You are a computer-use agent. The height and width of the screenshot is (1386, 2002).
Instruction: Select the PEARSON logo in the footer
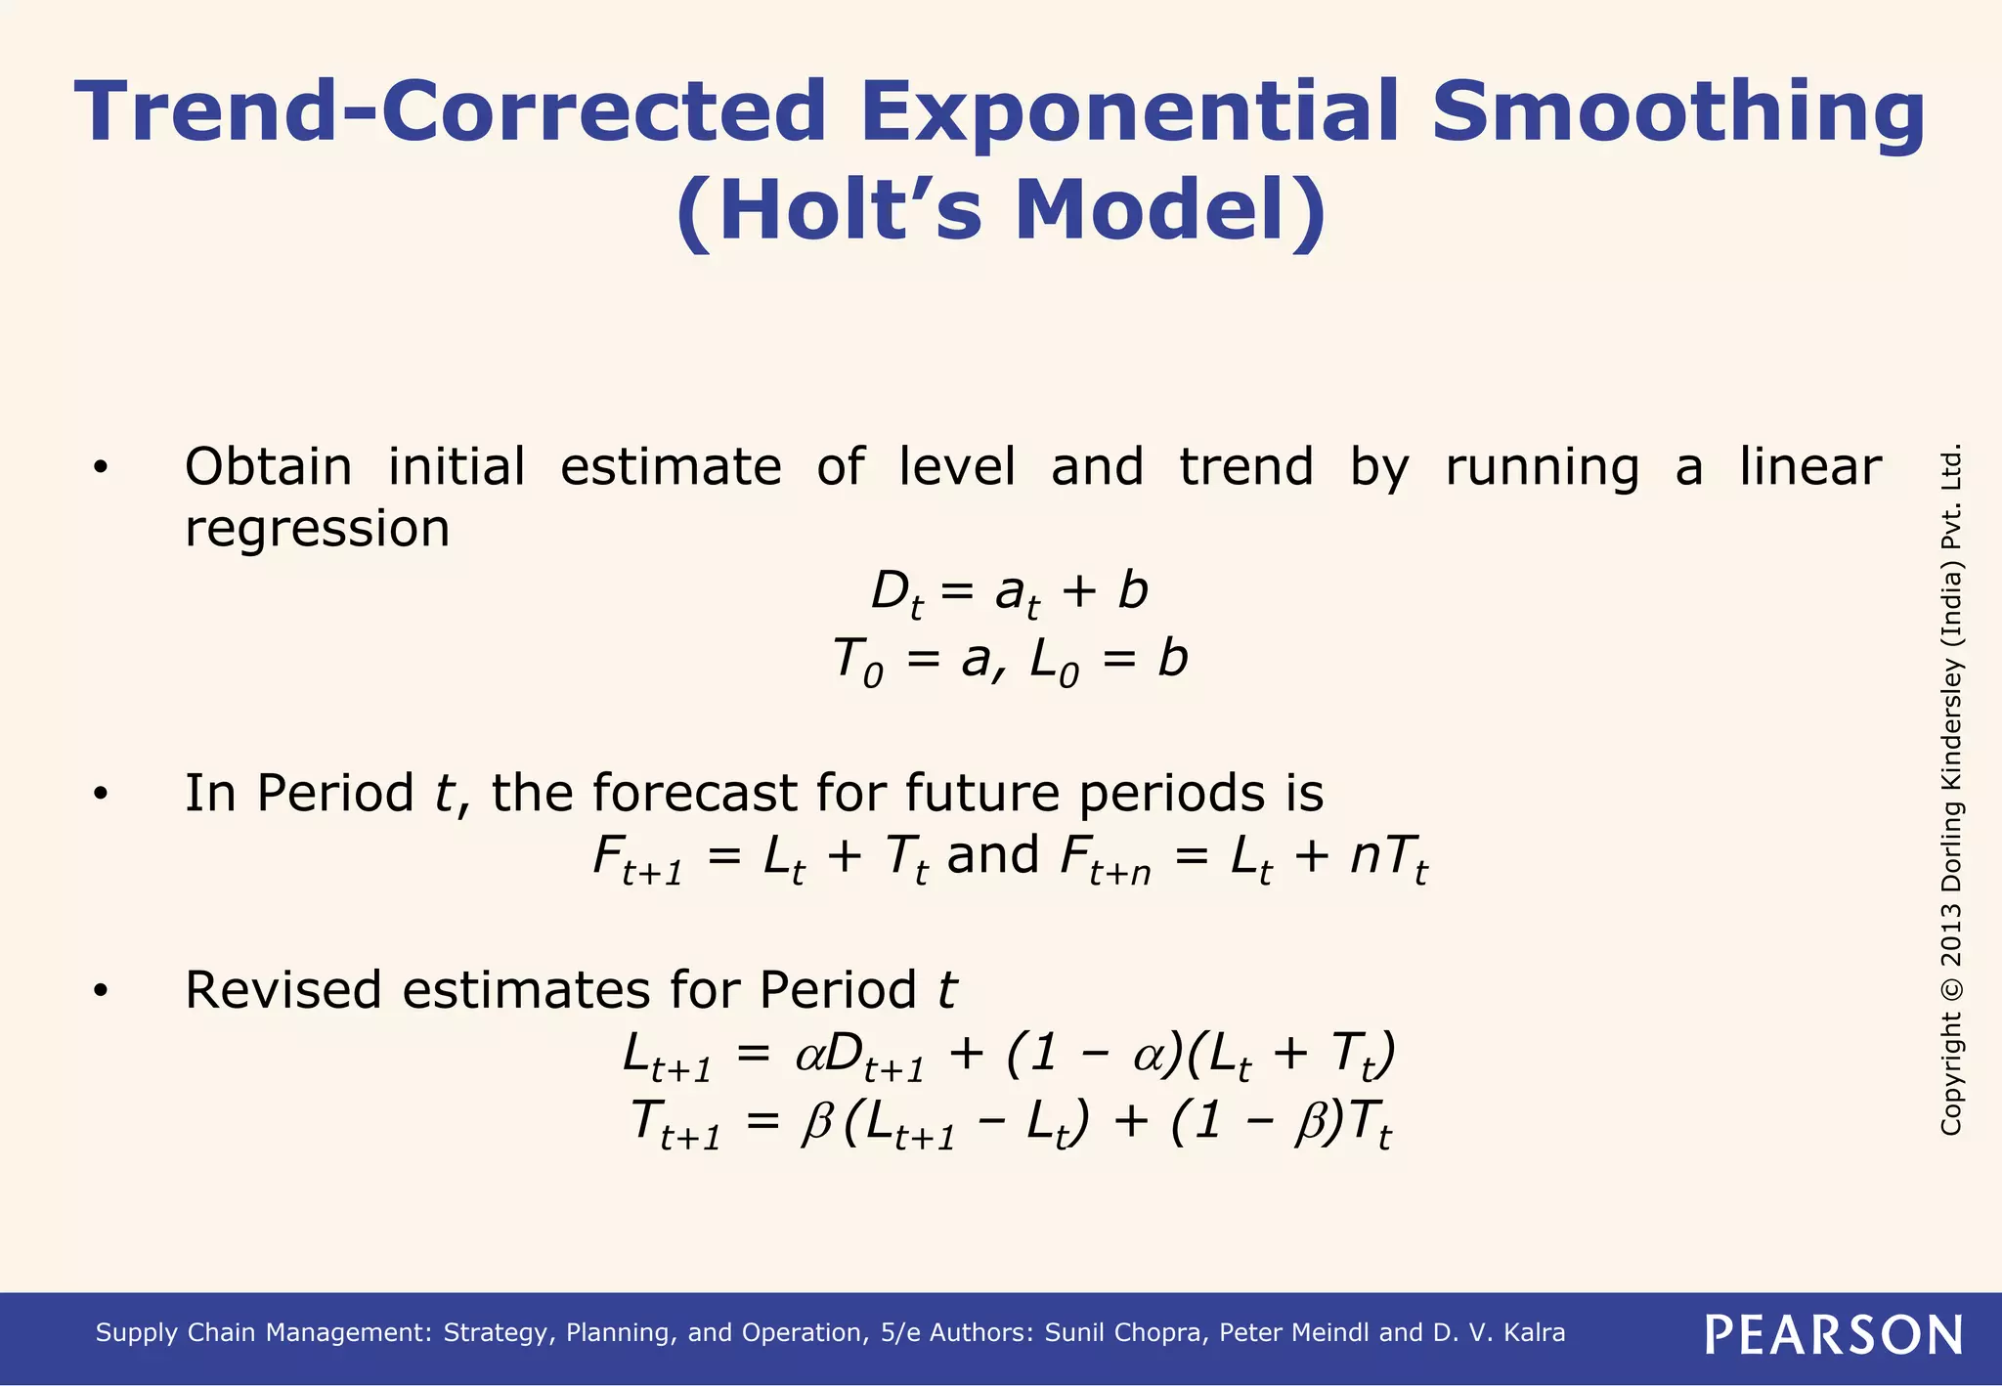(1834, 1334)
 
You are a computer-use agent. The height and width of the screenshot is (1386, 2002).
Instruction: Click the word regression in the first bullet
(317, 530)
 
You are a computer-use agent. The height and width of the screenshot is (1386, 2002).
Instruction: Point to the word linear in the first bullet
(1810, 466)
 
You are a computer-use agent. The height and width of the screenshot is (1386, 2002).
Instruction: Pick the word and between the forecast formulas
(993, 855)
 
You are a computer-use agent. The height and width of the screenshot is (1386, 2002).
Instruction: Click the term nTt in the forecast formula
(1388, 859)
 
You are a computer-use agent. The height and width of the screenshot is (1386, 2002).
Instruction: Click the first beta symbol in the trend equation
(816, 1122)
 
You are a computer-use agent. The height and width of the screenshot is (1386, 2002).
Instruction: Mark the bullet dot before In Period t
(100, 794)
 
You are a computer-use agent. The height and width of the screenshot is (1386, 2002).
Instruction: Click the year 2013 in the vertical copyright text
(1951, 936)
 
